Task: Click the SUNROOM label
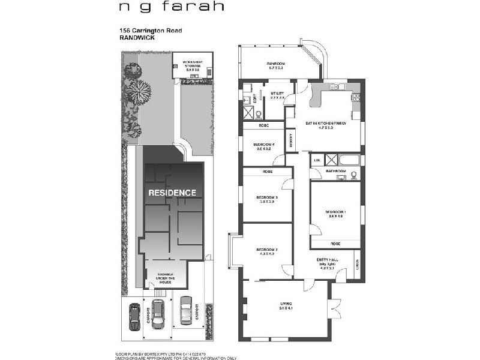tap(275, 64)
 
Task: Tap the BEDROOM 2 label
tap(265, 251)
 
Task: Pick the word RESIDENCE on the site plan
tap(172, 193)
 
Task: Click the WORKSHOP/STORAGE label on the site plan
tap(189, 64)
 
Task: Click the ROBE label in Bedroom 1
tap(335, 244)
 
